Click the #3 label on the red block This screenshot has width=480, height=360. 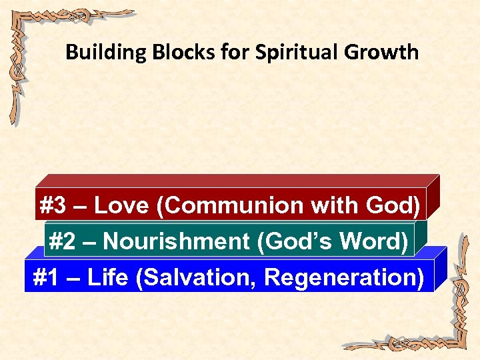click(x=53, y=206)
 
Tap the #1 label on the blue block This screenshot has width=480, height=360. click(x=45, y=277)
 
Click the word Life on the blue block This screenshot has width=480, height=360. click(x=107, y=277)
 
